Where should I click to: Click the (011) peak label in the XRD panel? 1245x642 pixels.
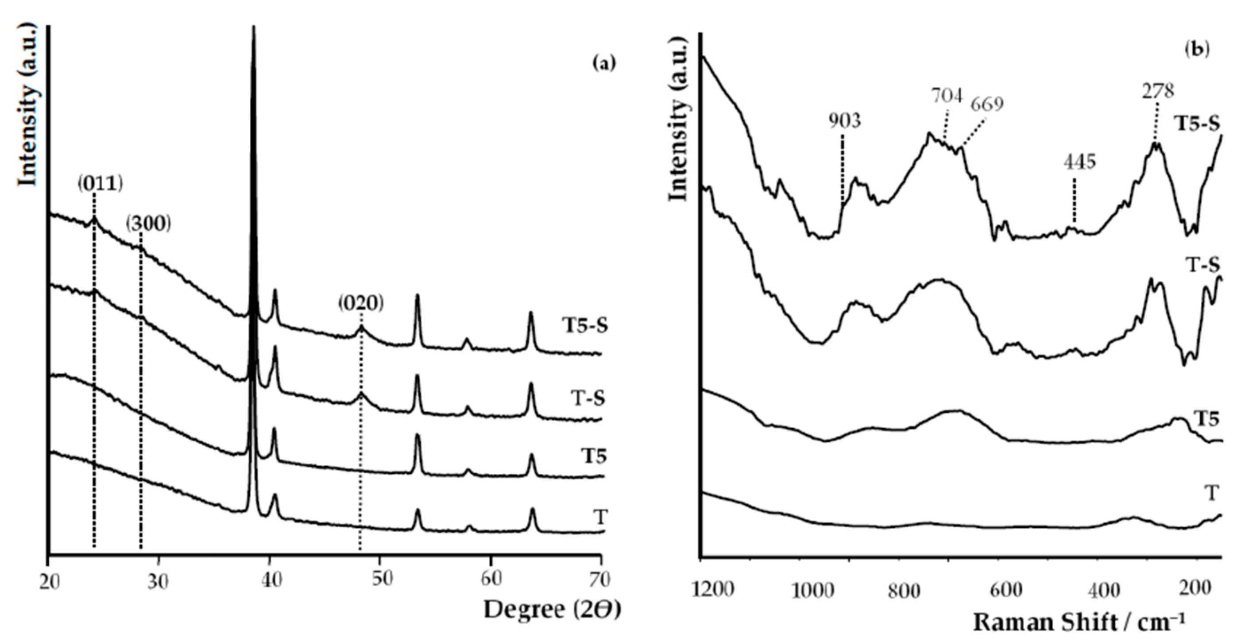[x=101, y=184]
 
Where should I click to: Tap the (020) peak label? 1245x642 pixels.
[x=360, y=303]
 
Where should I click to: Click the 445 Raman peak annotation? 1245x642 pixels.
[x=1079, y=162]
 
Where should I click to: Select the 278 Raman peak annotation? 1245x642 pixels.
[x=1157, y=91]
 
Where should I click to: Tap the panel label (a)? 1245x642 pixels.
[x=604, y=63]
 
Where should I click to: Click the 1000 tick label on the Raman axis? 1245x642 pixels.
[x=812, y=591]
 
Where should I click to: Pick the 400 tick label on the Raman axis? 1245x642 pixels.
[x=1106, y=591]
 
